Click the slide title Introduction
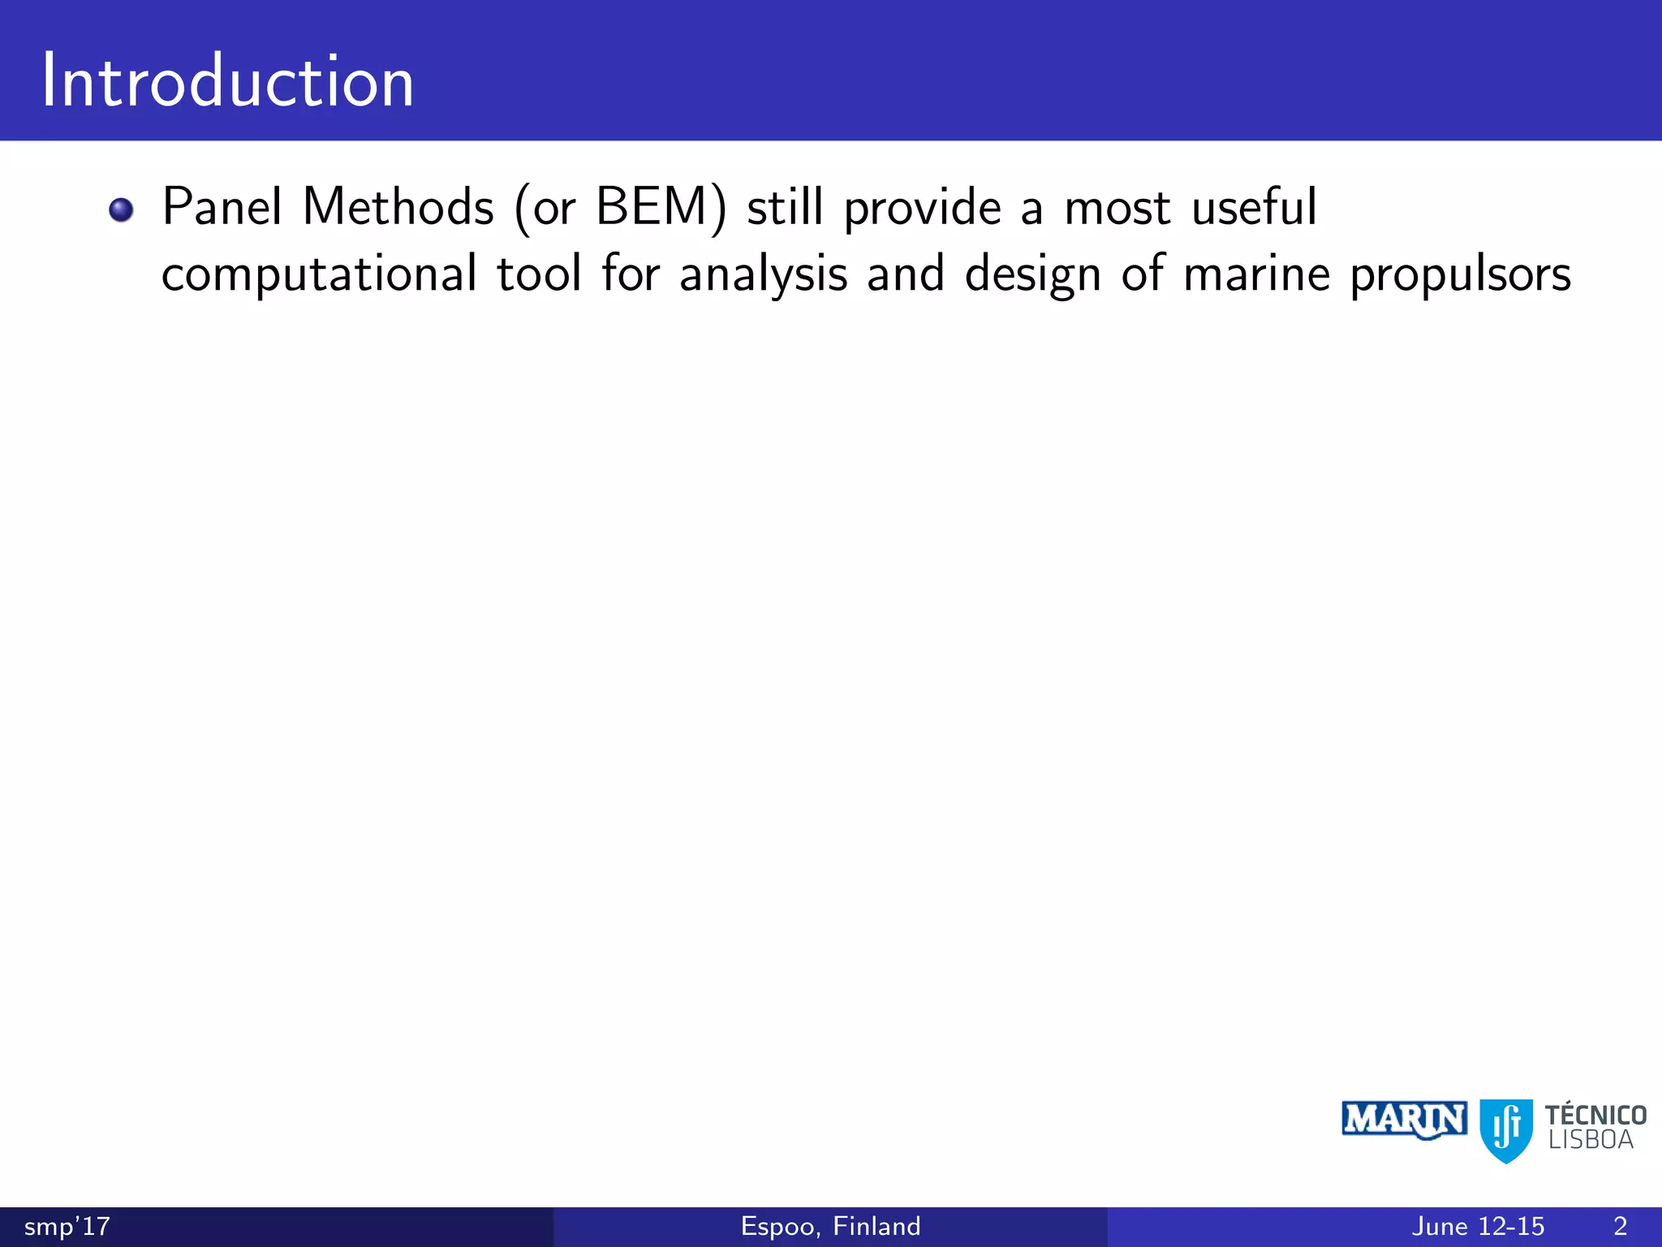[228, 81]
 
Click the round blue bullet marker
[121, 209]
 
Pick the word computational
[319, 274]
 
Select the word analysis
[763, 274]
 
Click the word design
[1033, 274]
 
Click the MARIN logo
[1404, 1120]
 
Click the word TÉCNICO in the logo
[1595, 1115]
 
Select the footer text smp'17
[67, 1226]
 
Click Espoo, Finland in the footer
[830, 1226]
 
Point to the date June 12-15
[1478, 1226]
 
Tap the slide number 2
[1620, 1226]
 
